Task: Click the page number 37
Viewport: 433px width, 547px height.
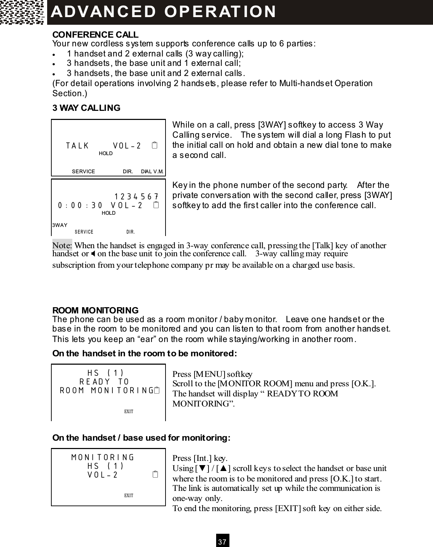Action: pos(222,541)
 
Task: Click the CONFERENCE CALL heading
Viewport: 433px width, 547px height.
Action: pos(95,35)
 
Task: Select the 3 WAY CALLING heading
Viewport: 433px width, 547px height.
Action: pos(86,108)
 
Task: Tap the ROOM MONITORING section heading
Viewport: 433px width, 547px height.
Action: pos(95,310)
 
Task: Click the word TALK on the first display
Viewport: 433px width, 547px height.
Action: pos(78,146)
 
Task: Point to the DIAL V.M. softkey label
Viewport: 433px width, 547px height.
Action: pos(152,172)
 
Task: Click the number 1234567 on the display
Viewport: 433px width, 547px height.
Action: pos(137,197)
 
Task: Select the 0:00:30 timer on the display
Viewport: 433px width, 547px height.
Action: pos(80,205)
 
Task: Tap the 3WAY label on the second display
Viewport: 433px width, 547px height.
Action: pos(60,225)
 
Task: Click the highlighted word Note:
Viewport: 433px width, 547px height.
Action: pos(62,245)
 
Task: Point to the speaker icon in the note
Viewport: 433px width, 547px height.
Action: pos(93,253)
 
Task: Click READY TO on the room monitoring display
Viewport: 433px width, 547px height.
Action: pos(104,382)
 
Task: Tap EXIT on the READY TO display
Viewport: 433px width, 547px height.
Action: pos(129,412)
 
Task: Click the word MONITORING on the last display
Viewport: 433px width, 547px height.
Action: pos(103,457)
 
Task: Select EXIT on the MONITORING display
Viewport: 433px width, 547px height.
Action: pos(129,495)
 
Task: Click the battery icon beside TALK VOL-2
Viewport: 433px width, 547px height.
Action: pos(155,145)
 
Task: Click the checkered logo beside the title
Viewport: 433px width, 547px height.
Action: pos(22,12)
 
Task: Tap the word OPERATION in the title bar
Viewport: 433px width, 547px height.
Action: pos(220,12)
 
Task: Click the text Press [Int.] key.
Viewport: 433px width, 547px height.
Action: pos(200,458)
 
